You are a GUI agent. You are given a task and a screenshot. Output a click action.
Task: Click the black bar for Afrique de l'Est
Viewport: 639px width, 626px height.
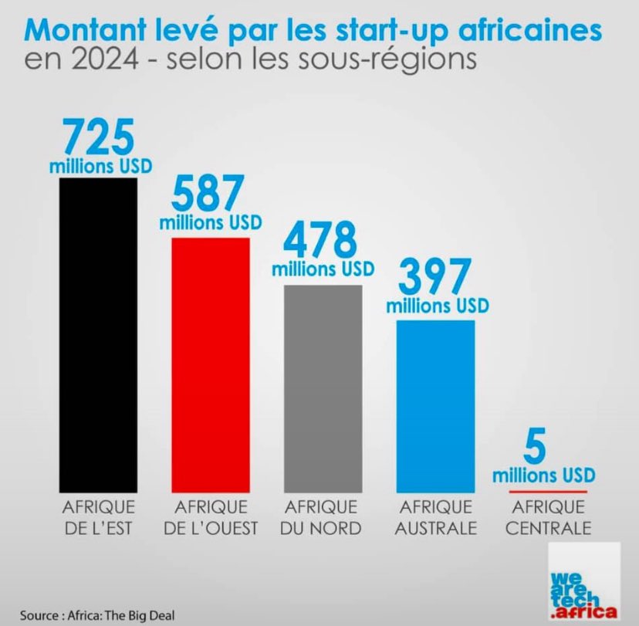click(98, 335)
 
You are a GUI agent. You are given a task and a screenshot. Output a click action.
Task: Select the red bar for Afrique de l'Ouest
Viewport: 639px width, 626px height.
click(210, 364)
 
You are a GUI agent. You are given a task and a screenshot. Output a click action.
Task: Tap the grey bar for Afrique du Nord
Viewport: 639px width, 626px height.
click(322, 388)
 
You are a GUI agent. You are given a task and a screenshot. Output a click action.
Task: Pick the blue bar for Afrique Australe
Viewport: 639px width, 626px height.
click(436, 405)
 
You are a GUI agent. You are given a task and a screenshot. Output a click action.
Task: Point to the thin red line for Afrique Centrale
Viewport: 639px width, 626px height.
click(549, 492)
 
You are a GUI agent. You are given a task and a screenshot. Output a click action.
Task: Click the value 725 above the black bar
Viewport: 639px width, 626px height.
click(98, 137)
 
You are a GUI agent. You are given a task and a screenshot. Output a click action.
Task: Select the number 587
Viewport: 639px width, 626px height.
click(210, 194)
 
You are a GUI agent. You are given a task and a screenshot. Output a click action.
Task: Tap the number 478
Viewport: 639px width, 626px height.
click(322, 240)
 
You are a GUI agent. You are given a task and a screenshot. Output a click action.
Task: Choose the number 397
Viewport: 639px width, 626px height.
click(435, 277)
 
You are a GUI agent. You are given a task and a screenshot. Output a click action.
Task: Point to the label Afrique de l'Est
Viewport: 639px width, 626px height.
click(98, 518)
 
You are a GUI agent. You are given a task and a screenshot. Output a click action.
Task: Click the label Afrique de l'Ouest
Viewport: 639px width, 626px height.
click(211, 518)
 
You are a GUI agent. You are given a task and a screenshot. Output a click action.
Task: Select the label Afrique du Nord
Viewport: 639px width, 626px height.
click(322, 518)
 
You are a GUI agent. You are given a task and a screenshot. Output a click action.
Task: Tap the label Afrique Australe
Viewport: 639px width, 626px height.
click(436, 518)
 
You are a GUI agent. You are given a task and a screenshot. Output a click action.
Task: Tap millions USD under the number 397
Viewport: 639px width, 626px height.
click(438, 306)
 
